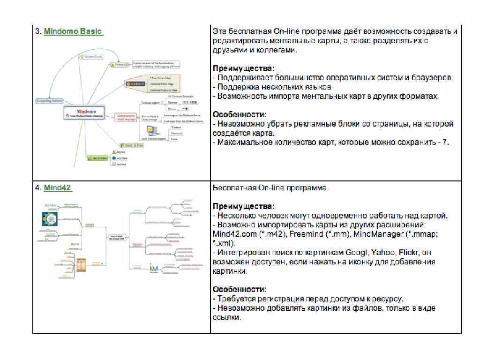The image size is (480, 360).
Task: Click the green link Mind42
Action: point(57,187)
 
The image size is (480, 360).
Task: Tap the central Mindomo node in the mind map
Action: point(86,113)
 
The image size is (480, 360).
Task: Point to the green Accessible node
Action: point(97,158)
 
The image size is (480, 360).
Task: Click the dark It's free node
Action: point(135,83)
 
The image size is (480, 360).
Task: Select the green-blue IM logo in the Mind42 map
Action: point(154,269)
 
